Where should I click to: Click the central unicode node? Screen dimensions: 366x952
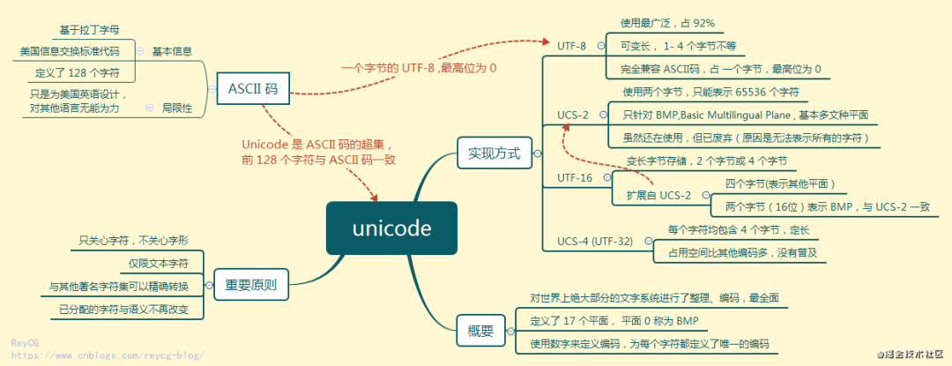pyautogui.click(x=391, y=229)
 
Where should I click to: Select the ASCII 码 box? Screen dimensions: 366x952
pyautogui.click(x=253, y=88)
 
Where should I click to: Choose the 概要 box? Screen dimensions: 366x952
pyautogui.click(x=480, y=332)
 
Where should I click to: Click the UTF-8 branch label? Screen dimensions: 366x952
pyautogui.click(x=571, y=46)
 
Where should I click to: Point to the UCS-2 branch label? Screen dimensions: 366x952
pyautogui.click(x=573, y=114)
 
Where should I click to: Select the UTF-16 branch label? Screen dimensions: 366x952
pyautogui.click(x=575, y=177)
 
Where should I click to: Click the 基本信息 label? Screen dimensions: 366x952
pyautogui.click(x=172, y=51)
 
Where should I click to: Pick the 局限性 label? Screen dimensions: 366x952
pyautogui.click(x=177, y=108)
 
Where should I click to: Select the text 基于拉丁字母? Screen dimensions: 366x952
pyautogui.click(x=89, y=30)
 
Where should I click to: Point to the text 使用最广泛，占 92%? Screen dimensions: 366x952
pyautogui.click(x=667, y=23)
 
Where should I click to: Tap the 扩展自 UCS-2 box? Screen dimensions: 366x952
pyautogui.click(x=658, y=195)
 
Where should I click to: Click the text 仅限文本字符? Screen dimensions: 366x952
pyautogui.click(x=159, y=263)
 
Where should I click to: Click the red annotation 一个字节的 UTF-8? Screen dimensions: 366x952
pyautogui.click(x=419, y=67)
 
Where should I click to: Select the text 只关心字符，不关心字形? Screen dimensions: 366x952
pyautogui.click(x=133, y=240)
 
